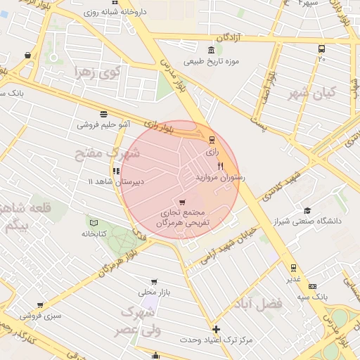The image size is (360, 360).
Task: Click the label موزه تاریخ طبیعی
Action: pyautogui.click(x=212, y=60)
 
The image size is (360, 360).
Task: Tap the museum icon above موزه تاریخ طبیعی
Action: pyautogui.click(x=212, y=49)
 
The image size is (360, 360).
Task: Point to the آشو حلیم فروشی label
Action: pyautogui.click(x=103, y=124)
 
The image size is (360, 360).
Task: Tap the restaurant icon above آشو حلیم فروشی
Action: pyautogui.click(x=104, y=113)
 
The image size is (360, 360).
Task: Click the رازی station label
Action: pyautogui.click(x=212, y=150)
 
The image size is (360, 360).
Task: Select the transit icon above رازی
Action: pyautogui.click(x=212, y=139)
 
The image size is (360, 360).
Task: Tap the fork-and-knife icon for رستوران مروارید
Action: pyautogui.click(x=221, y=167)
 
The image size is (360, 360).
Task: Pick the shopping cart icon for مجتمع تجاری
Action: pyautogui.click(x=182, y=202)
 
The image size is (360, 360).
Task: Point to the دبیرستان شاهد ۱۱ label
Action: pyautogui.click(x=115, y=181)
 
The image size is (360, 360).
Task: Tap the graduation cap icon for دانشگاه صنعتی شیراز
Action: pyautogui.click(x=307, y=210)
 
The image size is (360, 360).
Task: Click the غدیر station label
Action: pyautogui.click(x=293, y=278)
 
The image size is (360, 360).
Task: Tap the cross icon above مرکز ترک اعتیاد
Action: pyautogui.click(x=216, y=329)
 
